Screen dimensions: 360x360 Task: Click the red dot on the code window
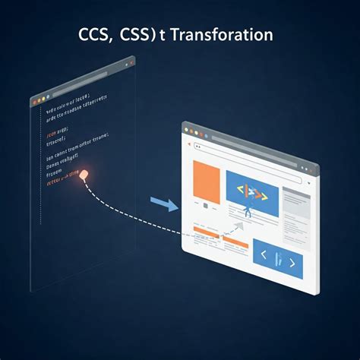35,99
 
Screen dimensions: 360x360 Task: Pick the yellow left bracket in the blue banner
242,192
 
